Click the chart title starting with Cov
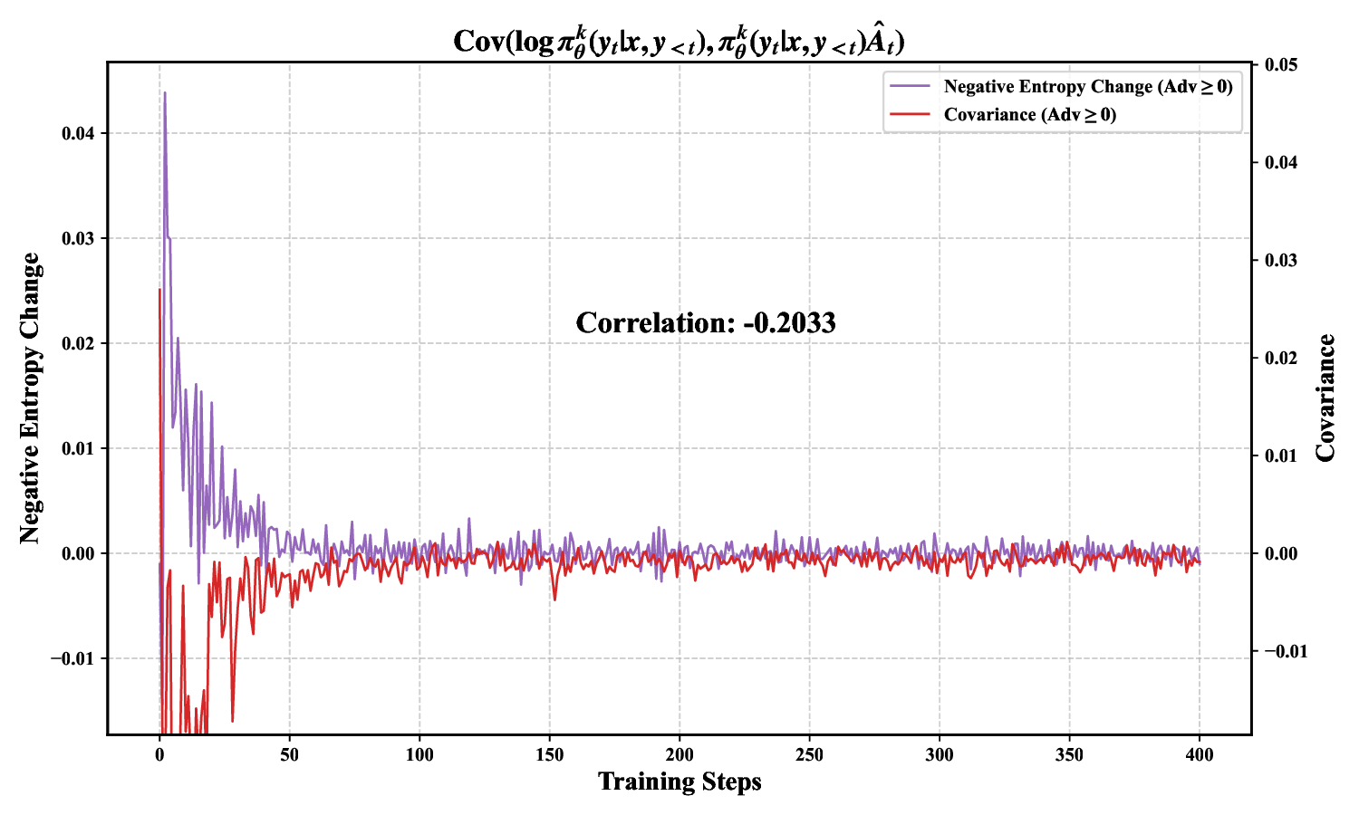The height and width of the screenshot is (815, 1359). click(x=679, y=41)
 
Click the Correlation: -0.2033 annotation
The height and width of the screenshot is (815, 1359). click(x=706, y=323)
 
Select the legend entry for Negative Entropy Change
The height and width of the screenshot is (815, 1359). click(x=1087, y=87)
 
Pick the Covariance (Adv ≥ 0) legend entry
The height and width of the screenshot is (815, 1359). click(x=1029, y=115)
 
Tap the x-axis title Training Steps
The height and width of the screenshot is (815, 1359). click(x=679, y=781)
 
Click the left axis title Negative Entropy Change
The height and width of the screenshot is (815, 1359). click(x=31, y=398)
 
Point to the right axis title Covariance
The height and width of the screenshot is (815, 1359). click(x=1326, y=398)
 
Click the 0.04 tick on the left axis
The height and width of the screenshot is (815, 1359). click(x=78, y=134)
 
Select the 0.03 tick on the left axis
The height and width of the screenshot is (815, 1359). click(x=78, y=239)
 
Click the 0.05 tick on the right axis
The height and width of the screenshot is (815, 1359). click(x=1281, y=65)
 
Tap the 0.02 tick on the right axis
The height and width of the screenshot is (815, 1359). click(x=1281, y=359)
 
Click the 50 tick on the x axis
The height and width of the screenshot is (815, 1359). click(x=289, y=754)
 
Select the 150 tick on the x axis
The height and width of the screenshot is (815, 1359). click(x=549, y=754)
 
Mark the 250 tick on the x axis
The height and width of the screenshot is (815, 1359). click(x=809, y=754)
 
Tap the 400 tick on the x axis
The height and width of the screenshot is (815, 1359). click(x=1200, y=754)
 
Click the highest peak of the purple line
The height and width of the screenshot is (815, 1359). click(x=164, y=92)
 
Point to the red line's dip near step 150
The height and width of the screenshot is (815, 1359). click(x=554, y=599)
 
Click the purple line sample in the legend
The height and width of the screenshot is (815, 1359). click(x=910, y=87)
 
